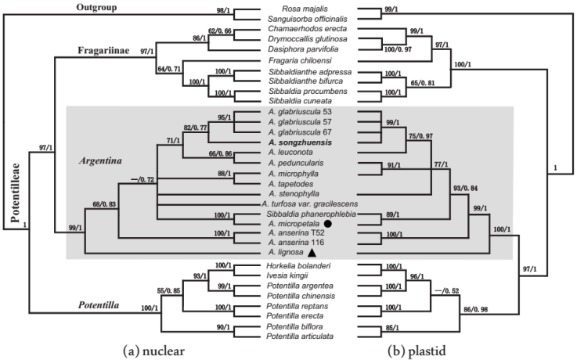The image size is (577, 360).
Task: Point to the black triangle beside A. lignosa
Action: [x=312, y=253]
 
